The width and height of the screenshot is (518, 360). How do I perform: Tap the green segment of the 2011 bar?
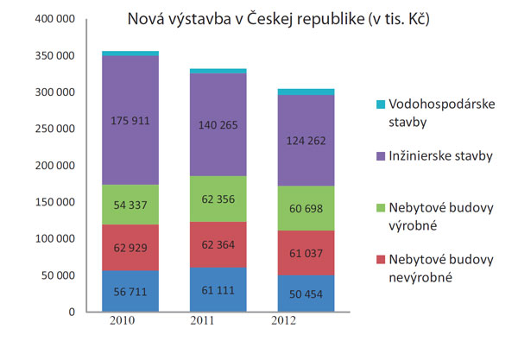point(218,199)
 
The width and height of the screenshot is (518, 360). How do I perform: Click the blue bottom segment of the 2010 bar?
point(129,291)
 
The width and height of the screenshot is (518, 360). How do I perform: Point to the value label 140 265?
point(218,124)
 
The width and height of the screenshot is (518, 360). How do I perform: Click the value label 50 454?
point(306,294)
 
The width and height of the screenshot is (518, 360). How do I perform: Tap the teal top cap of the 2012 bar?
point(306,92)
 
